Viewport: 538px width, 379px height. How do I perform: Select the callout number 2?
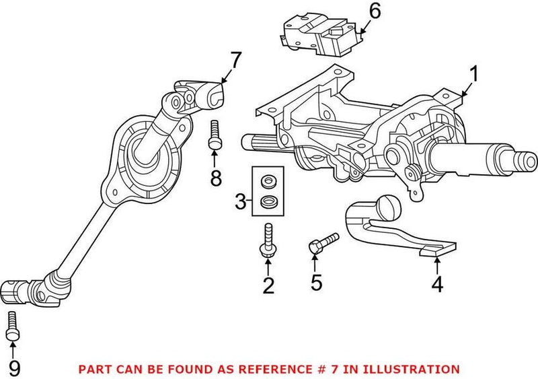268,286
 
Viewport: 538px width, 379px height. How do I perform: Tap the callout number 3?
239,200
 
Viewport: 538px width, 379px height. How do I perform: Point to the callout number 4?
437,285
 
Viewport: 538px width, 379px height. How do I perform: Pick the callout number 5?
316,281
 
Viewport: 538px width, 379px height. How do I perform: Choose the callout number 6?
375,11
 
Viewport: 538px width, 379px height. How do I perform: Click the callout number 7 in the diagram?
233,61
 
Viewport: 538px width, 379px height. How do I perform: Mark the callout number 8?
215,178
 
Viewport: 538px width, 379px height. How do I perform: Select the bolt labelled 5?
322,243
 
